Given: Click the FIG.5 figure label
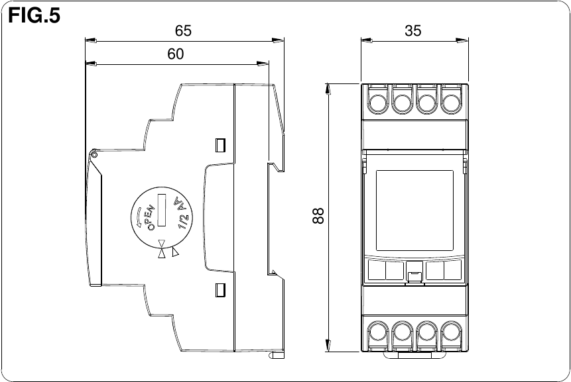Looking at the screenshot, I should click(x=34, y=17).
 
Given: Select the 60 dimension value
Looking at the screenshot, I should click(x=175, y=54).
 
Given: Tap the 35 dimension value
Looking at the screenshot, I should click(x=412, y=30).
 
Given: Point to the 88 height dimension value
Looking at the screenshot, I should click(x=318, y=216).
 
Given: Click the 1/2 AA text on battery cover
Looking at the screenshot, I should click(x=180, y=213).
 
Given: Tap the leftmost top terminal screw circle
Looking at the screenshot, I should click(x=377, y=103).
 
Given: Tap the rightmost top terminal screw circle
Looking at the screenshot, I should click(x=452, y=103).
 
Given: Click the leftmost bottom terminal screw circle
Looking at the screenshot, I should click(x=377, y=332).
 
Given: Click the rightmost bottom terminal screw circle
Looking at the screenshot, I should click(x=452, y=332).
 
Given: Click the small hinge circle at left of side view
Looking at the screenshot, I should click(x=94, y=155).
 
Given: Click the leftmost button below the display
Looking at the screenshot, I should click(x=375, y=270).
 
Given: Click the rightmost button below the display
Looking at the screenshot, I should click(x=454, y=270).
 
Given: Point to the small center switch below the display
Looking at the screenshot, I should click(x=414, y=275).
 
